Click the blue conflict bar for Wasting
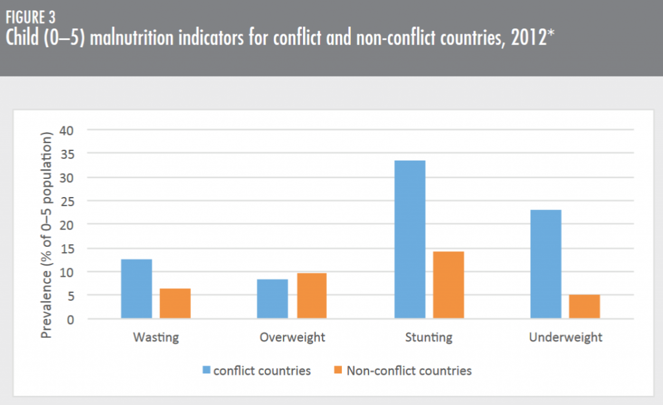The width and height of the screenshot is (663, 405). tap(137, 289)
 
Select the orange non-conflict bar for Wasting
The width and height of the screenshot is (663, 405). tap(175, 303)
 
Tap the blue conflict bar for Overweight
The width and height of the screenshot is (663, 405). tap(273, 299)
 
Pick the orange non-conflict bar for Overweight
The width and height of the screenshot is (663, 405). tap(311, 296)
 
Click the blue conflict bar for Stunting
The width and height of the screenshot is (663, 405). tap(409, 240)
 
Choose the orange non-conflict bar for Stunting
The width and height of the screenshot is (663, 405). tap(448, 285)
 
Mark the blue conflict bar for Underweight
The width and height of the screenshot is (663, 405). tap(545, 264)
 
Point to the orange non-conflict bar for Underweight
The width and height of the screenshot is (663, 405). tap(584, 307)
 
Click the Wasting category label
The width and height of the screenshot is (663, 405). tap(155, 338)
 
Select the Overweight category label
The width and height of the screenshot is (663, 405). tap(292, 338)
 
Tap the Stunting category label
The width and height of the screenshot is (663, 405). tap(429, 338)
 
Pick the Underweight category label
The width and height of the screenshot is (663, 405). tap(565, 338)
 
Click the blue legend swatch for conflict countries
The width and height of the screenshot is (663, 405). tap(207, 371)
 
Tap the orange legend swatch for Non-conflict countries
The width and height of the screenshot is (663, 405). tap(339, 371)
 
